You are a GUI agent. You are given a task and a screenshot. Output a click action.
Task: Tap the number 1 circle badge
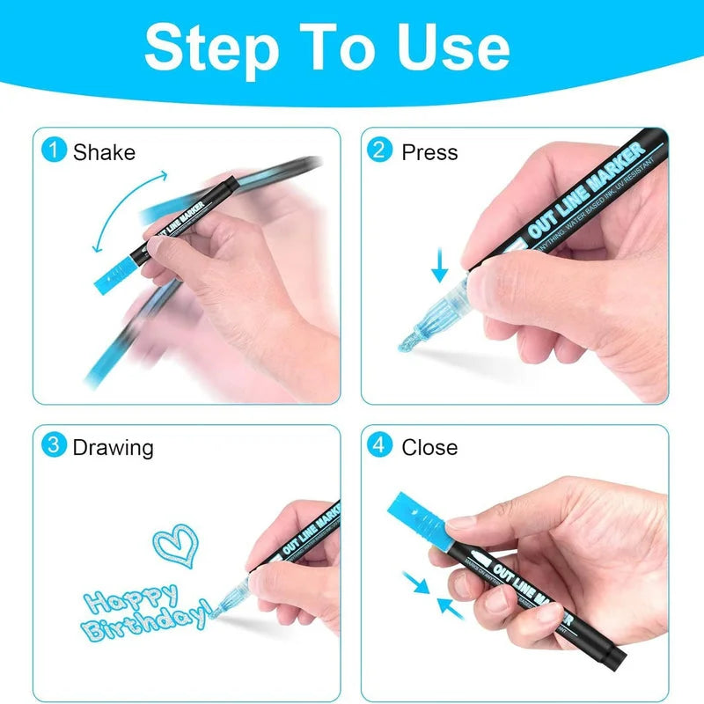point(55,150)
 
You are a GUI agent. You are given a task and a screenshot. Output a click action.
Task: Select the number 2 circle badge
point(379,150)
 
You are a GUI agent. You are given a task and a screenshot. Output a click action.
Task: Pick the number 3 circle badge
point(55,445)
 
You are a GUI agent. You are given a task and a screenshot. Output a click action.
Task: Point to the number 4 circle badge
point(379,445)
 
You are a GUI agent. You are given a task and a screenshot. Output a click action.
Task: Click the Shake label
point(104,152)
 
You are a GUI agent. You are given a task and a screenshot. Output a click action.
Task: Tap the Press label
point(429,152)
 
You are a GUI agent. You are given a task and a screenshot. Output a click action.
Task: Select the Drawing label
point(113,447)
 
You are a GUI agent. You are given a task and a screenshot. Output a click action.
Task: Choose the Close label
point(429,447)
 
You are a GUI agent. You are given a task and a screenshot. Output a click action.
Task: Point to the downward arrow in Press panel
point(439,264)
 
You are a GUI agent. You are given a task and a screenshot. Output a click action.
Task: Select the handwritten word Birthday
point(145,627)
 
